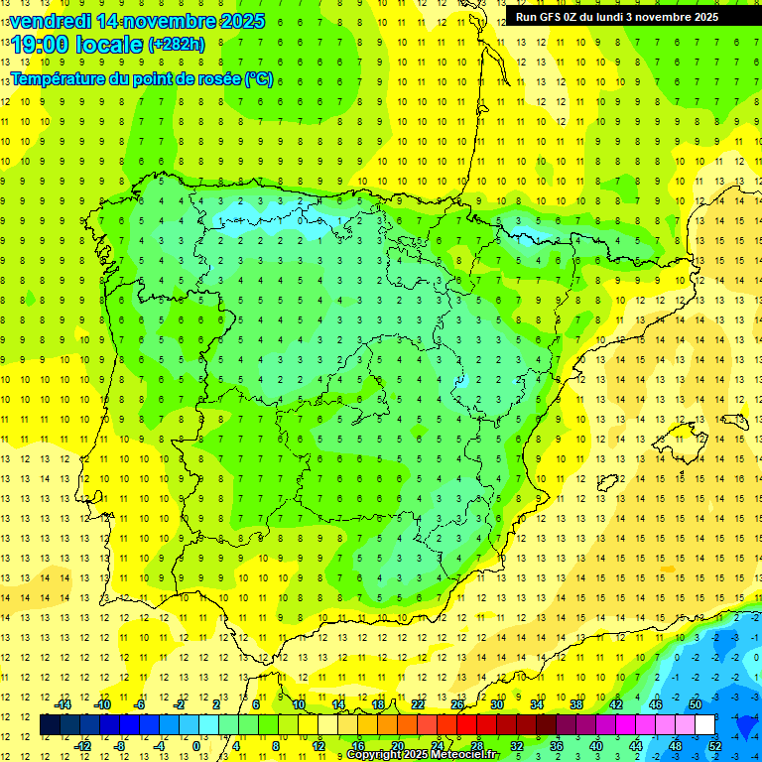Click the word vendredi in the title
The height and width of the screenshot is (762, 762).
[x=51, y=21]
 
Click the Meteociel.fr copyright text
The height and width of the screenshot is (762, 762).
[x=423, y=755]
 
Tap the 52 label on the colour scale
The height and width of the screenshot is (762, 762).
[x=715, y=746]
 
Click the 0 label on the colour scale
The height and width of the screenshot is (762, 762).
[x=196, y=746]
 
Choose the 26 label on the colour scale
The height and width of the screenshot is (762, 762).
[x=456, y=703]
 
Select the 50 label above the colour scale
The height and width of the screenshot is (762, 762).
[x=696, y=703]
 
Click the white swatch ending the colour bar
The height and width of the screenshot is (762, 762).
[x=704, y=724]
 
